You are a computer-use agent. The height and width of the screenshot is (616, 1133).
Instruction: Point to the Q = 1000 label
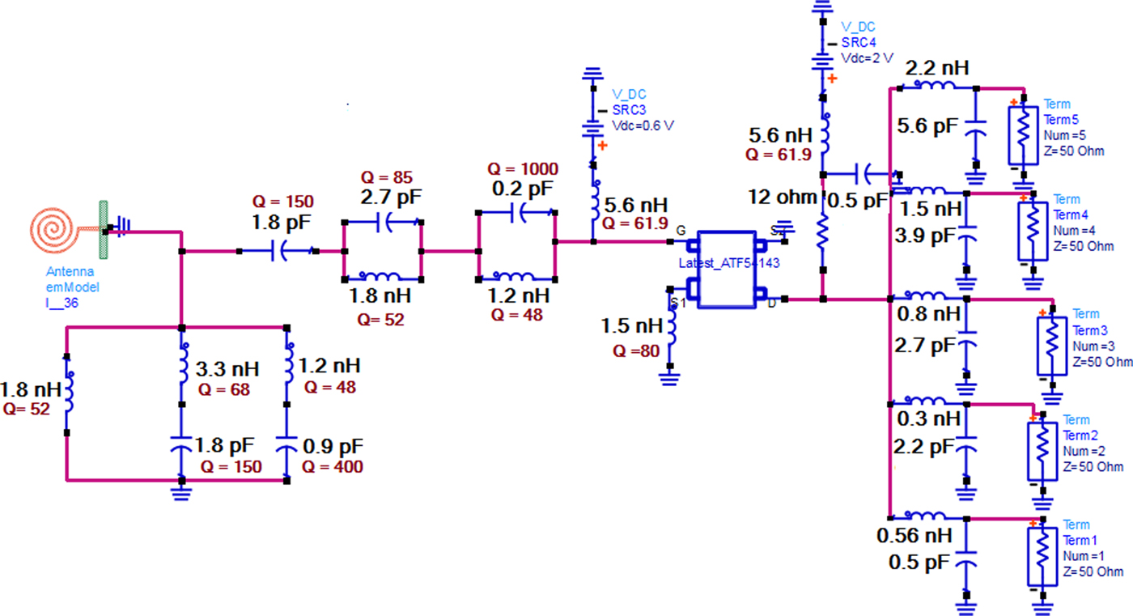pyautogui.click(x=522, y=169)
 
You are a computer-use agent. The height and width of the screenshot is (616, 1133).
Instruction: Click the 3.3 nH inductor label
pyautogui.click(x=227, y=370)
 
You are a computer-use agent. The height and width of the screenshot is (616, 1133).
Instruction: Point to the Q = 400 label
pyautogui.click(x=333, y=466)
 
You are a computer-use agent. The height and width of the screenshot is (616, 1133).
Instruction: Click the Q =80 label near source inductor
pyautogui.click(x=636, y=350)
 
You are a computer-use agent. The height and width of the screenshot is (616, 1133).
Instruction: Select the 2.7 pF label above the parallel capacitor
pyautogui.click(x=392, y=197)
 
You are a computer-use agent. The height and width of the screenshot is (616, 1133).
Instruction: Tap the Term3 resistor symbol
pyautogui.click(x=1051, y=346)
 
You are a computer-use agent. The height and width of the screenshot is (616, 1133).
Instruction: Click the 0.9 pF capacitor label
pyautogui.click(x=333, y=446)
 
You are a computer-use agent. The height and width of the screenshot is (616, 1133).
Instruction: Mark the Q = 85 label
pyautogui.click(x=386, y=177)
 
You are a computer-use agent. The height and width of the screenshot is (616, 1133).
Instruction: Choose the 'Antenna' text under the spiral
pyautogui.click(x=70, y=271)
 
